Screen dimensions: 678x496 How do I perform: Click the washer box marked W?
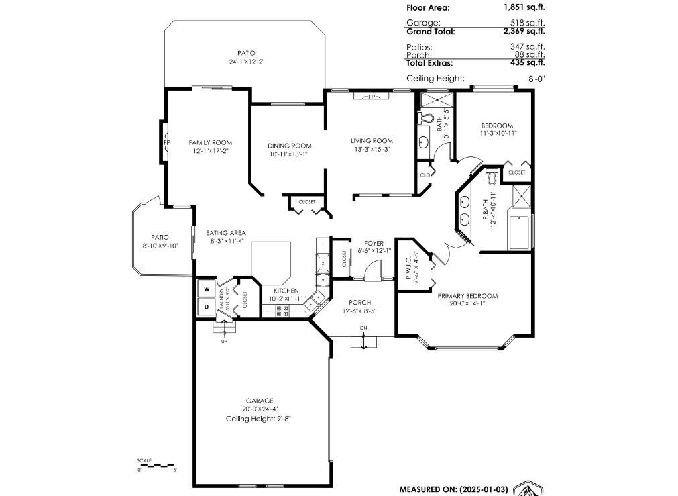[x=207, y=288]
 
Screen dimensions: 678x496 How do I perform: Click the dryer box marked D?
[x=207, y=307]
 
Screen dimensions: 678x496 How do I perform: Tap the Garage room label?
[x=260, y=401]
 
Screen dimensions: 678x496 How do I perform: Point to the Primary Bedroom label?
[x=467, y=296]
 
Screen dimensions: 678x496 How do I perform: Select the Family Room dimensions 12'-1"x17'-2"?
[x=211, y=151]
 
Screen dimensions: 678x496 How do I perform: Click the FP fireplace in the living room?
[x=372, y=96]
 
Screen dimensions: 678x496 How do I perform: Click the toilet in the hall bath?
[x=425, y=118]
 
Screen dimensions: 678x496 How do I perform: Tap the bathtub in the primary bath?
[x=519, y=233]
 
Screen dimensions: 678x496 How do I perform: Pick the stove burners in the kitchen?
[x=282, y=311]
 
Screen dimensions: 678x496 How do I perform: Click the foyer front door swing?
[x=372, y=269]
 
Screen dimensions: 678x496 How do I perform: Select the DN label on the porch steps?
[x=363, y=328]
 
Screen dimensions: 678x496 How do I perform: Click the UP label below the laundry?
[x=224, y=342]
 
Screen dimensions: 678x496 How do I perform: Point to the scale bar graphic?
[x=156, y=466]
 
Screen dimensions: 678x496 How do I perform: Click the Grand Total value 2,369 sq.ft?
[x=524, y=31]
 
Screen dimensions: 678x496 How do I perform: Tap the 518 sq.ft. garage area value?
[x=528, y=23]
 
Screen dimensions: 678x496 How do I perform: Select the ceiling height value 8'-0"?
[x=536, y=79]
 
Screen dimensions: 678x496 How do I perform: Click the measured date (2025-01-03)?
[x=482, y=489]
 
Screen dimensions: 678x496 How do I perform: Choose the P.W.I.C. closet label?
[x=409, y=266]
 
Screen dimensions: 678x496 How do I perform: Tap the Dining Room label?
[x=289, y=146]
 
